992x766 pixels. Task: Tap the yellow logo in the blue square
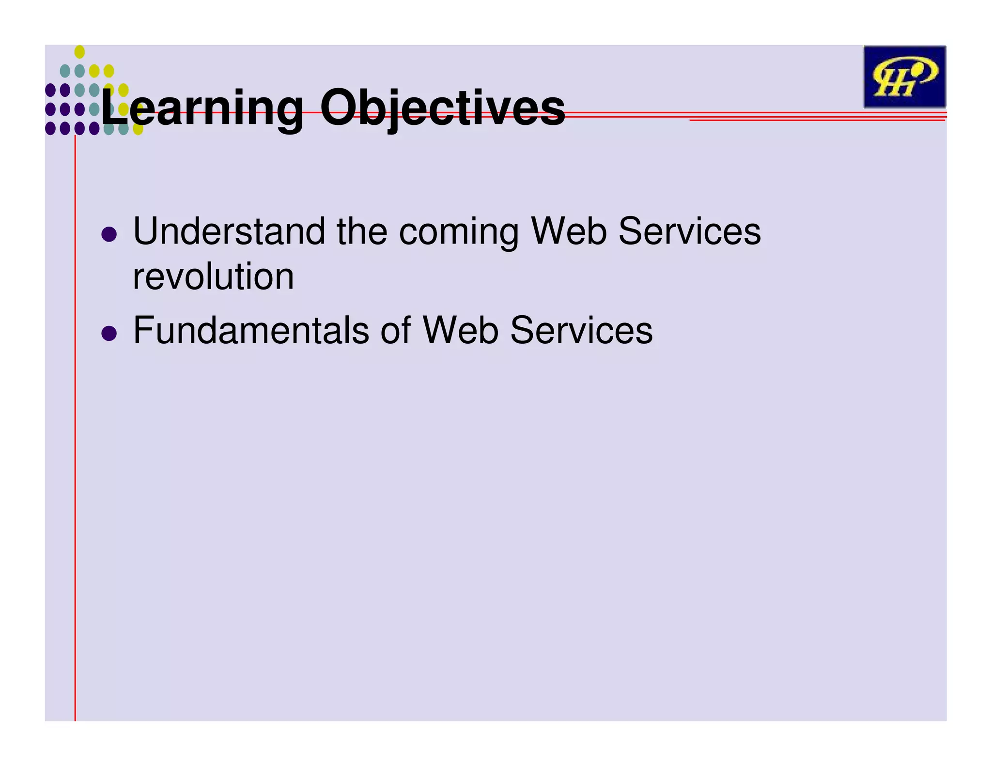click(904, 77)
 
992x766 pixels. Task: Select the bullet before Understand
click(109, 234)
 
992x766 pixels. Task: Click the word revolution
click(213, 277)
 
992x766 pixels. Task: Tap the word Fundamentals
click(251, 330)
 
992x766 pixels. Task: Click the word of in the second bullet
click(396, 330)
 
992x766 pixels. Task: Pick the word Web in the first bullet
click(569, 231)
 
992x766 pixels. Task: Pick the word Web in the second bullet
click(461, 330)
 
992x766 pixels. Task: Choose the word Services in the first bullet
click(689, 231)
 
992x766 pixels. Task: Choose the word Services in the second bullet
click(581, 330)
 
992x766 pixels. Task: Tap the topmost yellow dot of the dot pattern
click(79, 52)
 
